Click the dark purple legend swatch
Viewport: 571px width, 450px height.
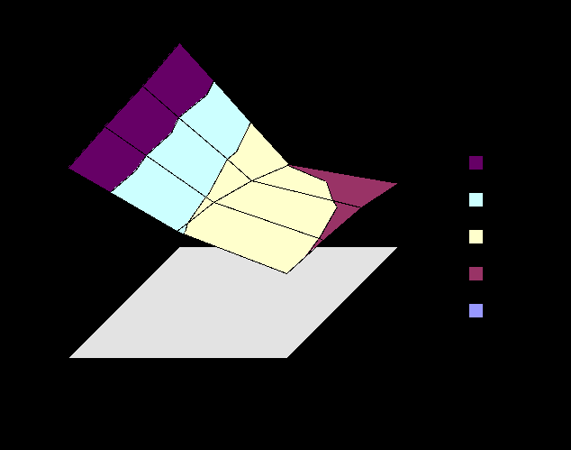[x=476, y=163]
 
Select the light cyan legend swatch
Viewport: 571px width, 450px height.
[x=476, y=200]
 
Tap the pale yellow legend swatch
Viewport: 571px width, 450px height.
[x=476, y=237]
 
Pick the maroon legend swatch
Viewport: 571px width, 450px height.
[x=476, y=274]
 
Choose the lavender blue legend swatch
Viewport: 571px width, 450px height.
[x=476, y=311]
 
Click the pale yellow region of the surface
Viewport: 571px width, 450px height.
[x=270, y=225]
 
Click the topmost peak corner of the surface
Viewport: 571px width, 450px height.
[x=180, y=44]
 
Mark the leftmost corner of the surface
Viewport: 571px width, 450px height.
[x=69, y=167]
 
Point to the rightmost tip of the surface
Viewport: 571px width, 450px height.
[x=396, y=183]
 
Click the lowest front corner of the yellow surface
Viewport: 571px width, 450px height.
[x=286, y=271]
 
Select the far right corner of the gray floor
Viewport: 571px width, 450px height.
[x=396, y=247]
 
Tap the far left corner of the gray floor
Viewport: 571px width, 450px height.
[x=70, y=357]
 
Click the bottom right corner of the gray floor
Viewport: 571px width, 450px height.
[x=287, y=357]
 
